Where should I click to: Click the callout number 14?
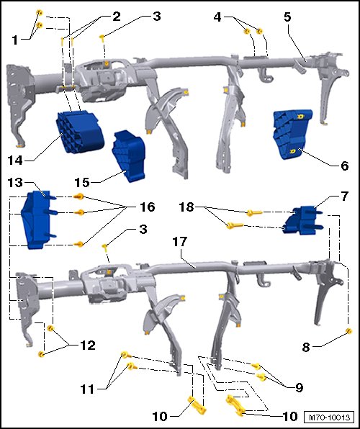click(x=15, y=160)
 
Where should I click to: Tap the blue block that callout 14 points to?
click(x=80, y=131)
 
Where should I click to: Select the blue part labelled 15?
click(x=129, y=155)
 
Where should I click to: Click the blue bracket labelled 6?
click(x=292, y=134)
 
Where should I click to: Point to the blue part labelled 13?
click(x=38, y=220)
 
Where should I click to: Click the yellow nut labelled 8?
click(x=348, y=331)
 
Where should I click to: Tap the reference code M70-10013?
click(x=329, y=417)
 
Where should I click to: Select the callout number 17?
click(x=179, y=242)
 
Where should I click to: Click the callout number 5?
click(x=287, y=17)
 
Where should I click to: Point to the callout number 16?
click(x=147, y=207)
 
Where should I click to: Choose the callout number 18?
click(x=186, y=207)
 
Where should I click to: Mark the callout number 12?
click(x=88, y=346)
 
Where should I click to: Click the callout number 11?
click(x=87, y=389)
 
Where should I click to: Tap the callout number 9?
click(x=299, y=387)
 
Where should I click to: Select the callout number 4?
click(x=217, y=17)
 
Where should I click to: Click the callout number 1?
click(x=15, y=40)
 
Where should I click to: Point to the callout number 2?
click(x=116, y=17)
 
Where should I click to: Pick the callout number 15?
click(x=82, y=182)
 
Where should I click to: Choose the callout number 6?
click(x=345, y=166)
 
